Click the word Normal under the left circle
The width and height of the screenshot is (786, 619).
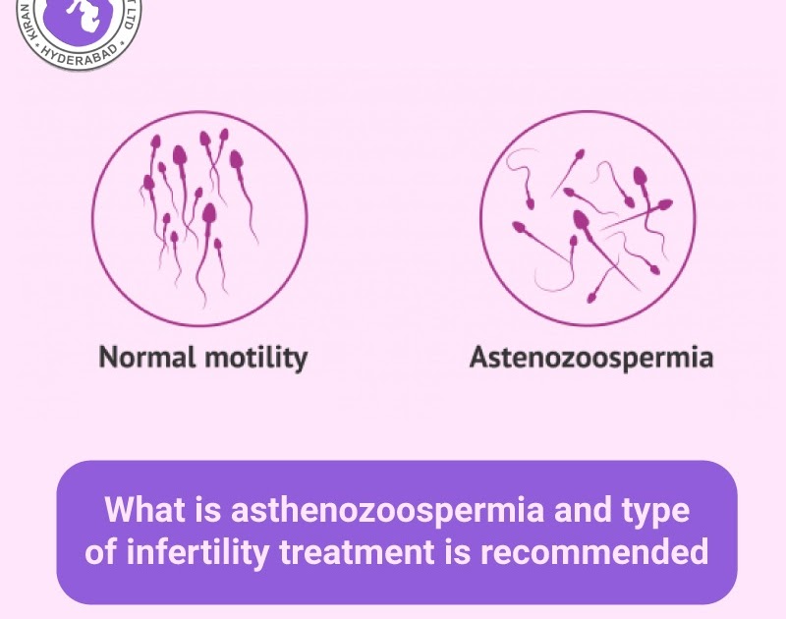146,357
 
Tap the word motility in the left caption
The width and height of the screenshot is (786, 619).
255,357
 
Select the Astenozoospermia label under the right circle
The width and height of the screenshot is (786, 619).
590,357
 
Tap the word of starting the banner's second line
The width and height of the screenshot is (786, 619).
99,551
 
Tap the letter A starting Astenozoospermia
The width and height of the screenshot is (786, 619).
478,357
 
